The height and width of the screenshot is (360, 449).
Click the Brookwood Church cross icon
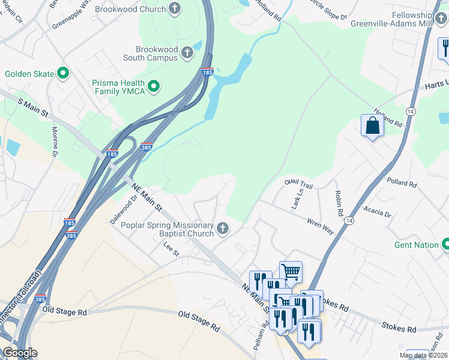click(x=175, y=8)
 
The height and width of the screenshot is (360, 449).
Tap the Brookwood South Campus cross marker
click(x=187, y=52)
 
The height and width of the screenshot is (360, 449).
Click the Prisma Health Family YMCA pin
click(x=154, y=87)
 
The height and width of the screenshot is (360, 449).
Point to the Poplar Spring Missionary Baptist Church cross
click(x=223, y=228)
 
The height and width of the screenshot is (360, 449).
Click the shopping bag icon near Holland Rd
click(x=372, y=125)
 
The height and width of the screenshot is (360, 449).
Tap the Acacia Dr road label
click(x=378, y=211)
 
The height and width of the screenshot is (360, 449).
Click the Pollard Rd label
click(x=402, y=182)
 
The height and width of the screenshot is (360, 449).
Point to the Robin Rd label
click(x=339, y=204)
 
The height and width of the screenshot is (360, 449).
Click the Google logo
click(x=19, y=353)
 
